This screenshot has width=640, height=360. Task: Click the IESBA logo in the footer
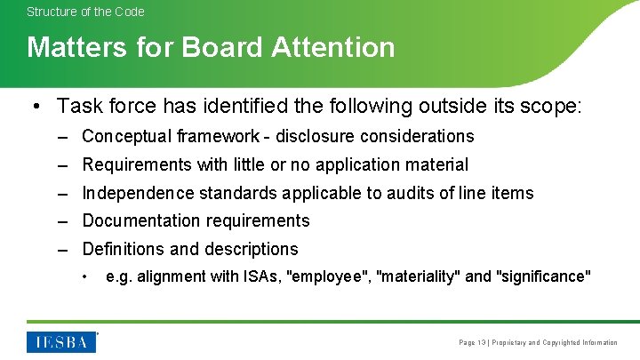(x=61, y=342)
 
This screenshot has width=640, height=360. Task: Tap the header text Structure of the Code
(x=85, y=12)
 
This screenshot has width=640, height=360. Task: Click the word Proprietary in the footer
(x=510, y=342)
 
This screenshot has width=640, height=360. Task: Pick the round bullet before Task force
(x=33, y=107)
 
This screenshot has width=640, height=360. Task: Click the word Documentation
(x=138, y=220)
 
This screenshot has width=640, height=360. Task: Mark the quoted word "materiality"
(x=419, y=276)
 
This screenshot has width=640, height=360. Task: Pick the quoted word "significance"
(x=544, y=276)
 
